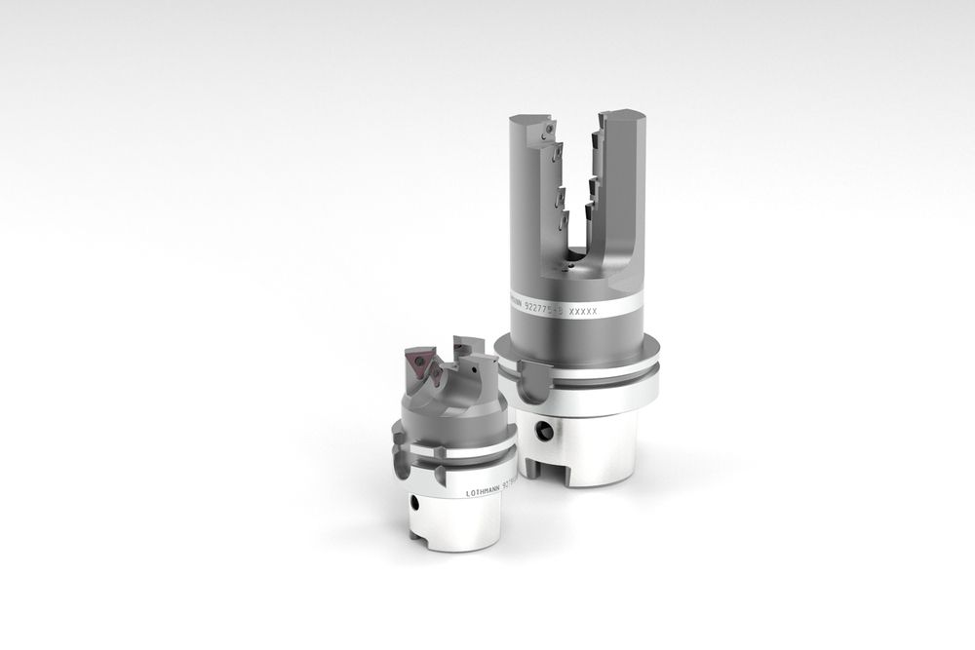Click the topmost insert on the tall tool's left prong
[x=551, y=128]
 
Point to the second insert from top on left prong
[x=558, y=153]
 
